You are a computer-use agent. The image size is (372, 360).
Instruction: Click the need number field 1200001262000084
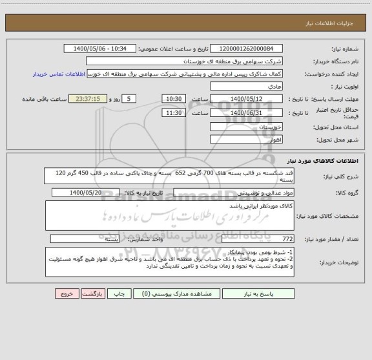click(246, 49)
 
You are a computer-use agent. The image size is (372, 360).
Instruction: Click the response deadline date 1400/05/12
click(247, 98)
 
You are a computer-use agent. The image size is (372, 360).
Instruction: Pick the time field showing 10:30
click(173, 98)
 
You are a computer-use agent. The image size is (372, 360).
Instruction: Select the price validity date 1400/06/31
click(247, 112)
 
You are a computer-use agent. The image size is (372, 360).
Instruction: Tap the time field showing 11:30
click(173, 112)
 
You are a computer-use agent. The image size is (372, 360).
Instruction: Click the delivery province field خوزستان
click(247, 127)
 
